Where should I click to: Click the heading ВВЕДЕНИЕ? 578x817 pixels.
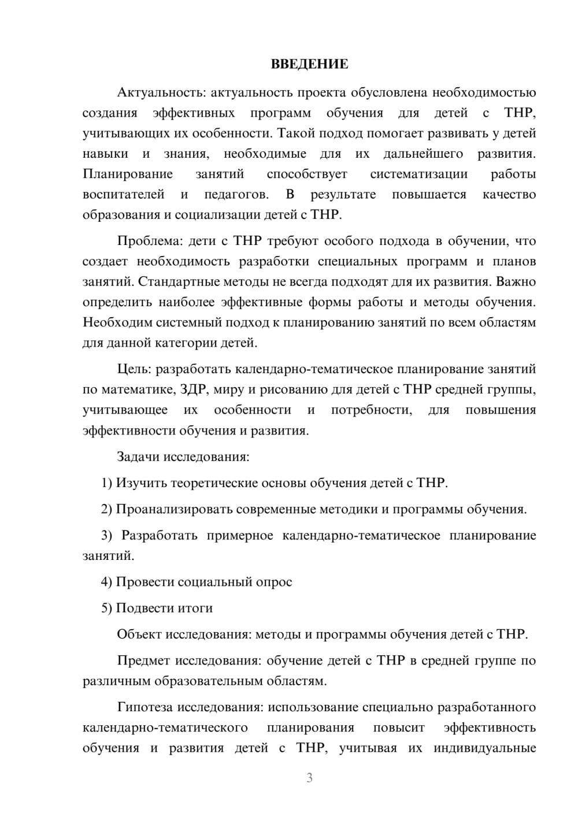click(x=309, y=64)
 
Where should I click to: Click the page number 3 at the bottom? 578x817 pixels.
click(x=309, y=778)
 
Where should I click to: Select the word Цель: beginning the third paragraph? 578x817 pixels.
click(x=134, y=369)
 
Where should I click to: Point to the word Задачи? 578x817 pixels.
click(x=138, y=456)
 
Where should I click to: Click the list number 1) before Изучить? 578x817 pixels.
click(x=107, y=482)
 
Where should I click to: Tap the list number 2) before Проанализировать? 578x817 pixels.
click(x=107, y=509)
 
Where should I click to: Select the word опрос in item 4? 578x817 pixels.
click(x=273, y=582)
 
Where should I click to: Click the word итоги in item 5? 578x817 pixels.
click(x=194, y=608)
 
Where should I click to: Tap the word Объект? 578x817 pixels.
click(x=139, y=634)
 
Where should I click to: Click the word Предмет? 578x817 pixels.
click(x=144, y=660)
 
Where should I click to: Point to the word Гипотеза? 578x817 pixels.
click(x=145, y=707)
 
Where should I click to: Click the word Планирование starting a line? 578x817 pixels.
click(x=128, y=174)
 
